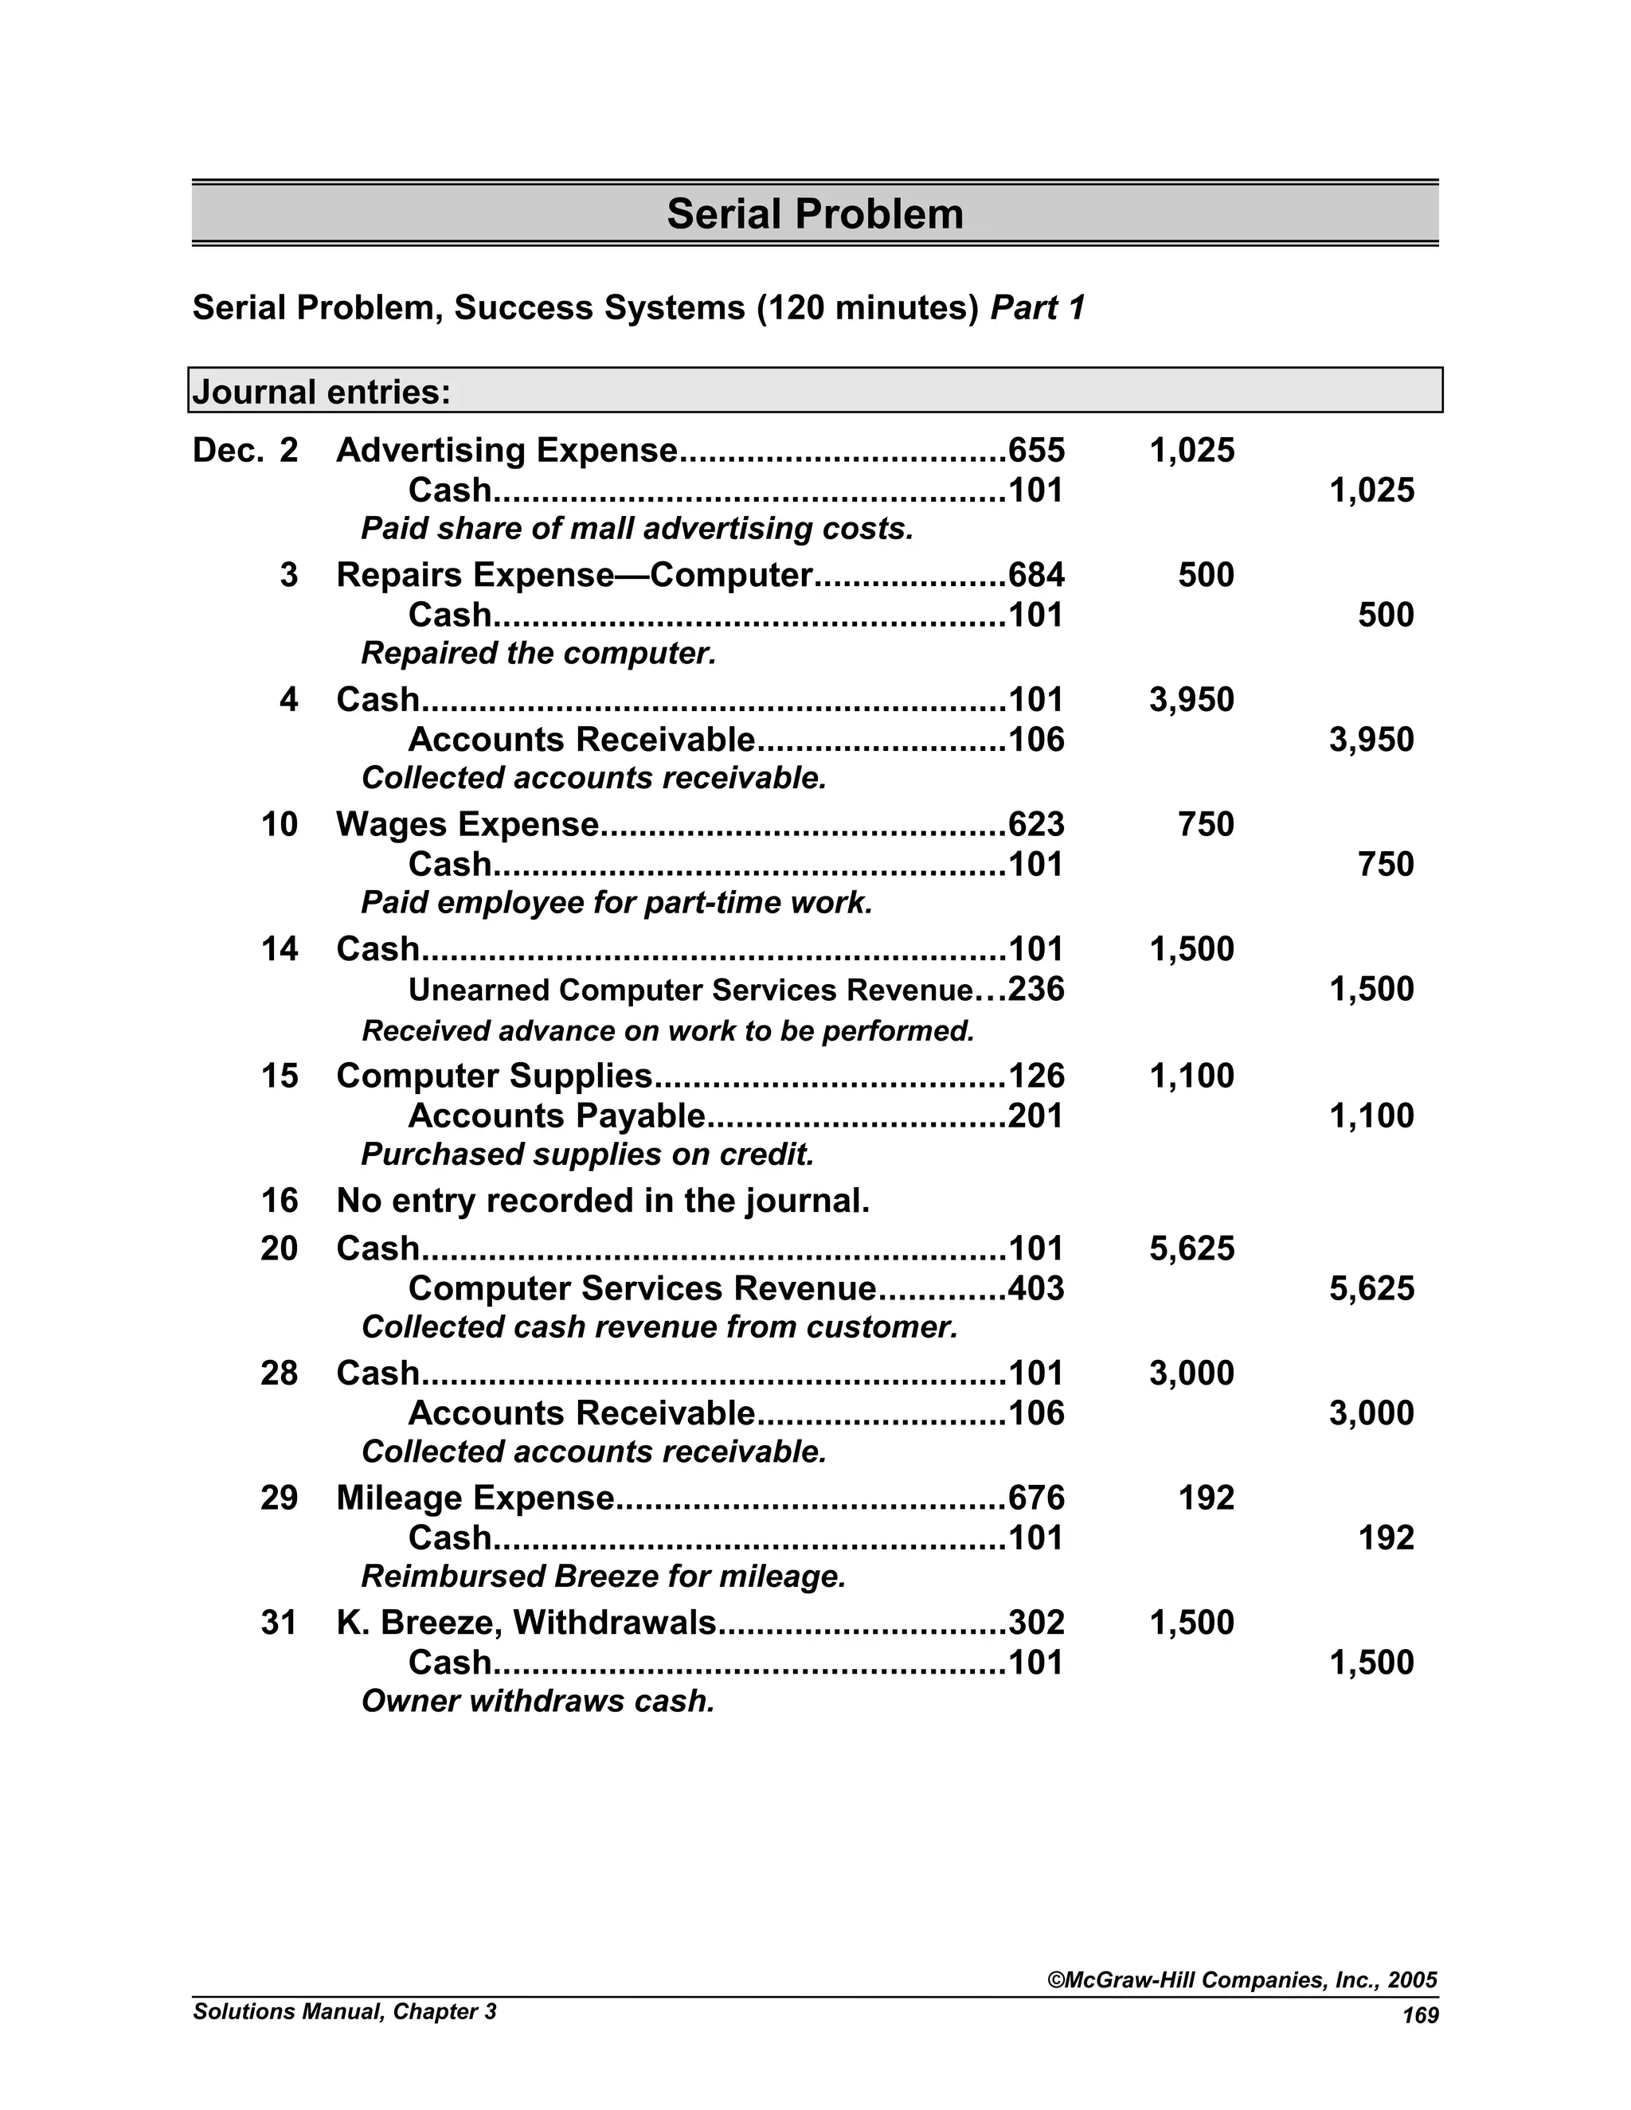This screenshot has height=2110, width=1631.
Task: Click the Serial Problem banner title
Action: [x=815, y=213]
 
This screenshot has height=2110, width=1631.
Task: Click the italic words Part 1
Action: [x=1038, y=308]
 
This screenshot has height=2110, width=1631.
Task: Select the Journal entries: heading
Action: [x=322, y=393]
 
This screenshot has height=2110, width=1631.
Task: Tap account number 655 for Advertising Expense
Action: [x=1036, y=450]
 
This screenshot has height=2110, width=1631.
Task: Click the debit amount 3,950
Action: [x=1191, y=699]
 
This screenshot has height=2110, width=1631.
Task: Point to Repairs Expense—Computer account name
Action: [x=574, y=575]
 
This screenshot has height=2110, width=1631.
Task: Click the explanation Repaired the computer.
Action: [x=538, y=654]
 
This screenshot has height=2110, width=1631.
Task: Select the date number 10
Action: [x=280, y=824]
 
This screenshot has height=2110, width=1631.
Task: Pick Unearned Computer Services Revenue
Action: [x=690, y=991]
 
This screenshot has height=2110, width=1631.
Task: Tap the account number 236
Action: [x=1036, y=989]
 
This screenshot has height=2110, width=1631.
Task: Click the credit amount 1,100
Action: [x=1371, y=1116]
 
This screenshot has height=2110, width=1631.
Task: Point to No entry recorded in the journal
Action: [x=603, y=1201]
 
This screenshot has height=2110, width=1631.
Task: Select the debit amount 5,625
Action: [x=1191, y=1248]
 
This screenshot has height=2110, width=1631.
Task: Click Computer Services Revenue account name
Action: [x=642, y=1289]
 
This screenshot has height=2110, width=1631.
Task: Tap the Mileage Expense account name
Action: [x=475, y=1498]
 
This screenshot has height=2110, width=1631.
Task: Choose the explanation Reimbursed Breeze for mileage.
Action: [x=603, y=1577]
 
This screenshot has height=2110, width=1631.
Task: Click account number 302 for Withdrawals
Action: [x=1036, y=1622]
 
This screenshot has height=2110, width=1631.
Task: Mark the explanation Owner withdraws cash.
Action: [x=538, y=1702]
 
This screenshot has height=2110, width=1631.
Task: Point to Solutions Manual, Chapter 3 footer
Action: [x=344, y=2011]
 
